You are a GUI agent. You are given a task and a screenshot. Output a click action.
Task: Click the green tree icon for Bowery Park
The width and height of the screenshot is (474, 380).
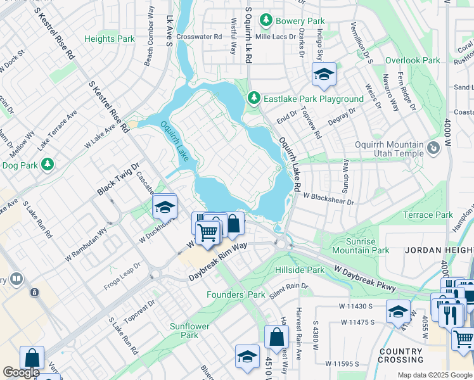(267, 21)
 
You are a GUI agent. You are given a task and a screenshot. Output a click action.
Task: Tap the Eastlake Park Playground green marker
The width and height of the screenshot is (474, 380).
(253, 99)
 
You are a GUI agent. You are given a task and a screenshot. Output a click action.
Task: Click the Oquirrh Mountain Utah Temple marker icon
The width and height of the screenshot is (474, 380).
(433, 148)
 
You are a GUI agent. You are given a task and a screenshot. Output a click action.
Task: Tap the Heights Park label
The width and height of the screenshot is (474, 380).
(110, 39)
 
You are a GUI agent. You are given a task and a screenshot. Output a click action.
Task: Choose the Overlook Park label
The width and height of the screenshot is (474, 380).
(413, 61)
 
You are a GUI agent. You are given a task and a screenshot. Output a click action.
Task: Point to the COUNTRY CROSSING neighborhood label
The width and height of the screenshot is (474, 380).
(401, 356)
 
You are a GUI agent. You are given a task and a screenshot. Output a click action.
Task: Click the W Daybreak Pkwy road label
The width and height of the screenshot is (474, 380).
(365, 279)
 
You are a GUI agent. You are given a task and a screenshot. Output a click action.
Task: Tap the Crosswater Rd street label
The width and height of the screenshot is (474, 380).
(200, 37)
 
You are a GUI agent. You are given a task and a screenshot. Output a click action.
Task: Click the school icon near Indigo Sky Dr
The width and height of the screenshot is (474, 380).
(324, 75)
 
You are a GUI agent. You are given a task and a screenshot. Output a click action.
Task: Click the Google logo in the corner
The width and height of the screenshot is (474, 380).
(21, 372)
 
